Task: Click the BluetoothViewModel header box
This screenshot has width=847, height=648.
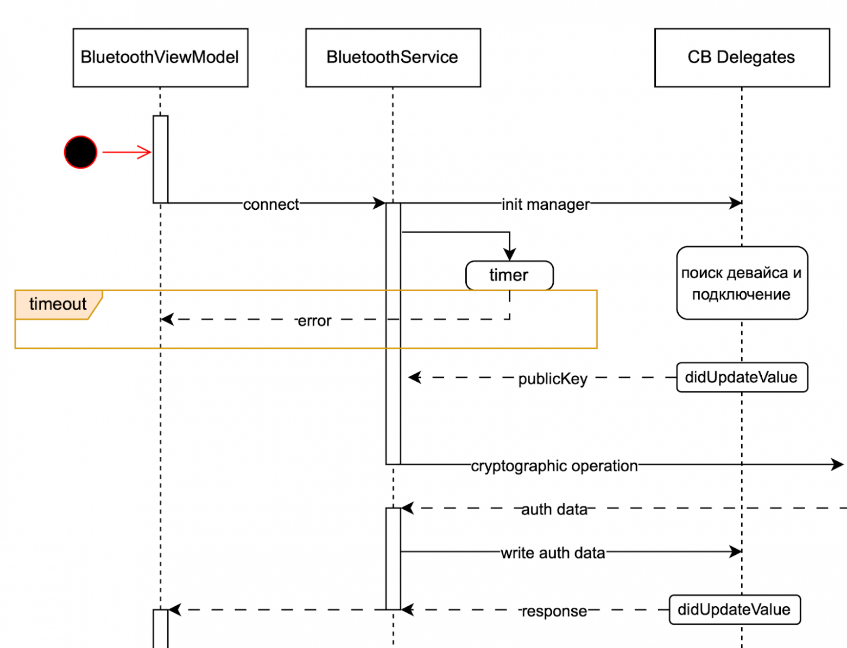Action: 160,57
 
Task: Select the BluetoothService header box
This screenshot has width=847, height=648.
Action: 393,57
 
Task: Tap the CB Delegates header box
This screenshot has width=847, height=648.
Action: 742,57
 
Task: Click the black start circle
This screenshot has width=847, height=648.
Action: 80,152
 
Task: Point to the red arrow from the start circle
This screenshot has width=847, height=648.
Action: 127,152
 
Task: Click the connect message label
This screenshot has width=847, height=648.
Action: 271,204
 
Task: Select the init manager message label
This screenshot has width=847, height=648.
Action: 545,204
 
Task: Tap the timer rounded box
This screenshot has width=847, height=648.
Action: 509,275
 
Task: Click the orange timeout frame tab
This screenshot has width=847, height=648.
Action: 58,304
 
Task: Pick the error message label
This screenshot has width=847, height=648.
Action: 314,321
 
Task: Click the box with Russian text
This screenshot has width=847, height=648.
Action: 742,283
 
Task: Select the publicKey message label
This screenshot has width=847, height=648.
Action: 553,378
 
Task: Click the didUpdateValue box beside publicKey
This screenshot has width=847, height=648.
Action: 742,377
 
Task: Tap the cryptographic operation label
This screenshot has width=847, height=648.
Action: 554,466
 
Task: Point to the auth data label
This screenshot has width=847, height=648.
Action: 554,510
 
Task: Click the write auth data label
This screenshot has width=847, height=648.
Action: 553,553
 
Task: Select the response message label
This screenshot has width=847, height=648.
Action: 554,611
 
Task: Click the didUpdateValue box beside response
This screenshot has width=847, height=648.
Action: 734,609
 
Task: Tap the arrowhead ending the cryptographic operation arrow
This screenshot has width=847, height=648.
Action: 838,465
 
